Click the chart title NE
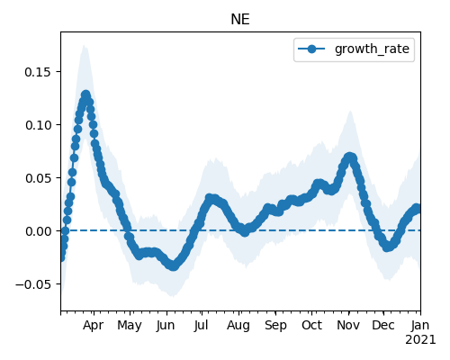(x=240, y=20)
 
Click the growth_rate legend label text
(x=372, y=49)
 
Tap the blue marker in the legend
(x=311, y=49)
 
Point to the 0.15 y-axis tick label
(x=38, y=72)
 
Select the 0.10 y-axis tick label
(x=38, y=125)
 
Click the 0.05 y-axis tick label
(x=38, y=178)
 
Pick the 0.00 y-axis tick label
(x=38, y=231)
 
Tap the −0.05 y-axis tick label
(x=33, y=284)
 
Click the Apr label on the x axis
(x=94, y=326)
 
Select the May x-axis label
(x=130, y=326)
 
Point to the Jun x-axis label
(x=166, y=326)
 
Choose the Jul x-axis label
(x=201, y=325)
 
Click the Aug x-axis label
(x=238, y=326)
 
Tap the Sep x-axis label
(x=275, y=326)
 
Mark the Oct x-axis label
(x=312, y=325)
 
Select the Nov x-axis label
(x=348, y=325)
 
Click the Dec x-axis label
(x=383, y=325)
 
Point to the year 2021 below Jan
(x=420, y=340)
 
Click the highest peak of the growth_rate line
(x=86, y=95)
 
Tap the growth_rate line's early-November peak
(x=349, y=157)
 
